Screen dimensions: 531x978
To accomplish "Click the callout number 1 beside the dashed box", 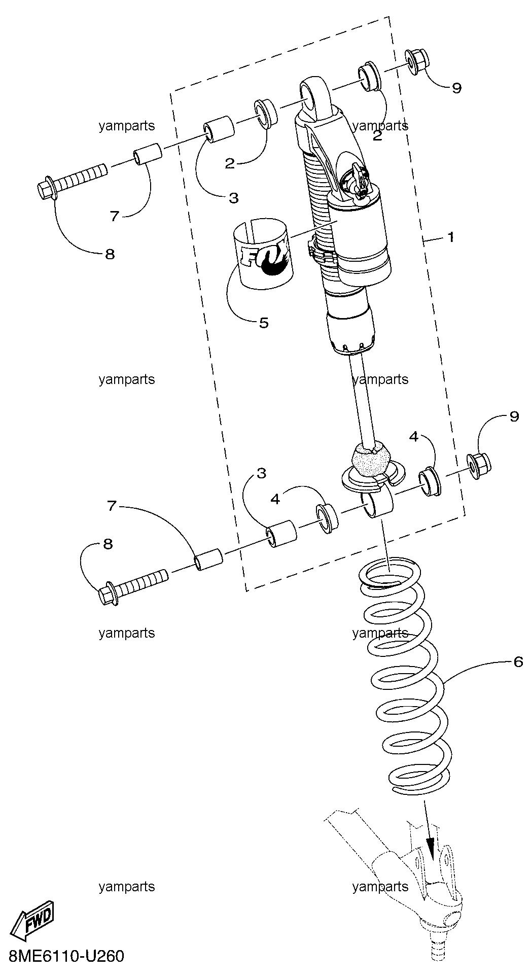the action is (450, 237).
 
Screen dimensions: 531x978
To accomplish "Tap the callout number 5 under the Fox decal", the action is (264, 323).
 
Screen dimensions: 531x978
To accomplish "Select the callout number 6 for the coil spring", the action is (518, 661).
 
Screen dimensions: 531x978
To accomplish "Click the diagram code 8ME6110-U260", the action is (62, 957).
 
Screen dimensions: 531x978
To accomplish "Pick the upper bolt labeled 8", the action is (72, 182).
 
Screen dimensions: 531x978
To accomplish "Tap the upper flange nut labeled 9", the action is (417, 62).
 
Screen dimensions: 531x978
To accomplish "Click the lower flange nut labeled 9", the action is (478, 465).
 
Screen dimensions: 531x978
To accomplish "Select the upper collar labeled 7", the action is (148, 154).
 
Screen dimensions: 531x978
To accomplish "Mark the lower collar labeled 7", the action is (209, 559).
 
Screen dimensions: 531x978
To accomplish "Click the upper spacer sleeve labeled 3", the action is (219, 129).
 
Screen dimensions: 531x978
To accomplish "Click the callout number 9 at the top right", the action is (456, 88).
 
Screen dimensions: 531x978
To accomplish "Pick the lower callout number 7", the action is (112, 505).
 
